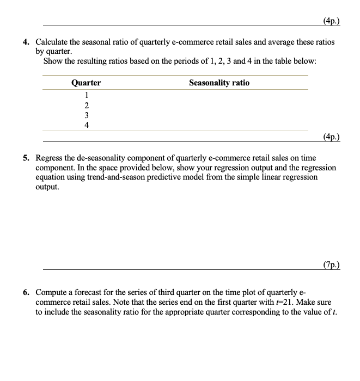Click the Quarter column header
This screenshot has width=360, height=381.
coord(86,83)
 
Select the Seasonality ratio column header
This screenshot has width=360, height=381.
coord(219,83)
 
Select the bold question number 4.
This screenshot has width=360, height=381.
coord(26,42)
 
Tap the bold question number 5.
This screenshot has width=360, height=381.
coord(26,158)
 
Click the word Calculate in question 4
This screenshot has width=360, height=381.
coord(53,42)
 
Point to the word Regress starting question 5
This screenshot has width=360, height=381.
coord(50,158)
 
